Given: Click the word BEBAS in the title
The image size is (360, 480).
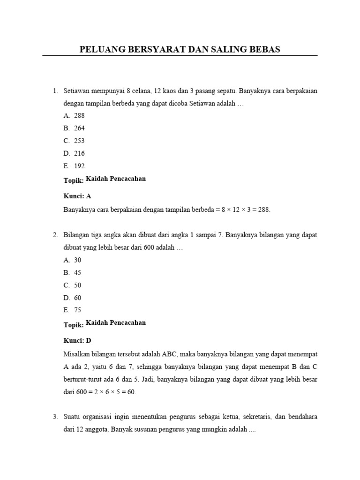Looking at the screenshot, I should pos(264,49).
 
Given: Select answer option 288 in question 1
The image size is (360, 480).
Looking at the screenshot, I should pos(79,115).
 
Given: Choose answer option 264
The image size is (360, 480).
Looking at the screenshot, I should pos(79,128).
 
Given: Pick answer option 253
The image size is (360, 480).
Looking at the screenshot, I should pos(79,141).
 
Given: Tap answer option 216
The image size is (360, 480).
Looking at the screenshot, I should pos(79,153).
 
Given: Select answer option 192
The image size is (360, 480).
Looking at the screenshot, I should pos(79,166).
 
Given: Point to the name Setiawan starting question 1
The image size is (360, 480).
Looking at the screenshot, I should pos(77,90).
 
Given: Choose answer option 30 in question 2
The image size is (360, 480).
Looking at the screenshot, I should pos(78,260).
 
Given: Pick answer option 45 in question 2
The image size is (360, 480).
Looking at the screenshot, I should pos(78,272).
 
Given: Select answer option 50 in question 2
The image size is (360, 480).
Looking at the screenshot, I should pos(78,285).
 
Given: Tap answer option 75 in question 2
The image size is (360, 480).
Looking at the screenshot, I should pos(78,310).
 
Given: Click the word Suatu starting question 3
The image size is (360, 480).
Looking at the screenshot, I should pos(72,416).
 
